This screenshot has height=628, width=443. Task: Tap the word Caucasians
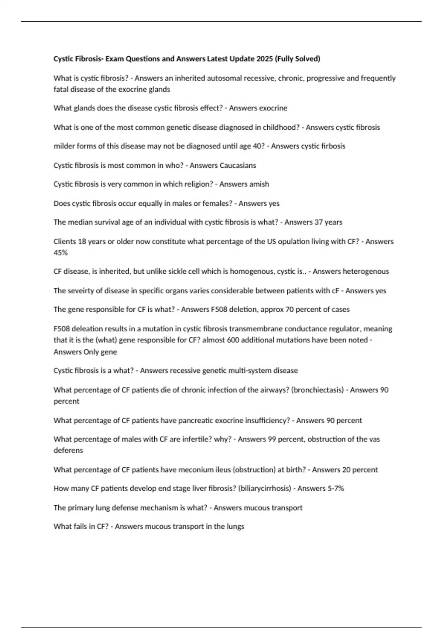238,165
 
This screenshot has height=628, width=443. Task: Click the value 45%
61,253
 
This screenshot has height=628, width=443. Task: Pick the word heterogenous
365,271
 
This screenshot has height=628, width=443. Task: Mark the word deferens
68,450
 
